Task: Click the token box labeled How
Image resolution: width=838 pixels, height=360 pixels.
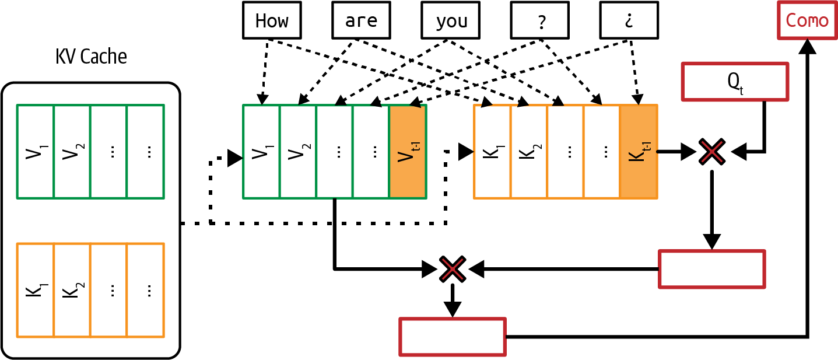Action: coord(272,20)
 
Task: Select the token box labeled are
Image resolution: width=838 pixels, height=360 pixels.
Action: coord(361,20)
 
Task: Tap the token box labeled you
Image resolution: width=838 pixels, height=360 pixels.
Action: coord(451,20)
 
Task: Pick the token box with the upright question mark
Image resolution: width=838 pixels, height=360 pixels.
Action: coord(540,20)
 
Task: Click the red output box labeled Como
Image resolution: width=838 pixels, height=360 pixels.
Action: coord(807,20)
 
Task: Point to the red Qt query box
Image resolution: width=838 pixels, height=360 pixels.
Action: coord(735,81)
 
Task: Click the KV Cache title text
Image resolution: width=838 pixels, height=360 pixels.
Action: coord(91,57)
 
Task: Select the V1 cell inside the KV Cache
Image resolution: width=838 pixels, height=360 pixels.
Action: coord(36,152)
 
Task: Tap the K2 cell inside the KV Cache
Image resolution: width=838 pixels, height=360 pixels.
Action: coord(72,290)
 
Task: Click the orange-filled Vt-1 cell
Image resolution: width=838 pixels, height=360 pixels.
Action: coord(408,152)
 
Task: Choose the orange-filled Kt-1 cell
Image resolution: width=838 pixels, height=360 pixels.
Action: coord(639,152)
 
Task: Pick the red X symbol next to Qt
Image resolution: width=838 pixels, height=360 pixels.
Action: coord(712,152)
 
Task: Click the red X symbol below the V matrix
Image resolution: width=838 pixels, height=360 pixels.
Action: coord(452,269)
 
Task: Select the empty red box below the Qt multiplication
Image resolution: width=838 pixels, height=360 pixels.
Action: coord(711,269)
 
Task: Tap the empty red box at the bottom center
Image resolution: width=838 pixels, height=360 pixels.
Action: coord(452,337)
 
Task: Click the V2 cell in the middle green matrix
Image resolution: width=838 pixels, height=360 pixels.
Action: coord(298,152)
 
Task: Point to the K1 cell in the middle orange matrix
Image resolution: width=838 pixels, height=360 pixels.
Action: coord(492,152)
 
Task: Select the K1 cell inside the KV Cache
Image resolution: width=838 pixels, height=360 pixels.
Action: coord(36,290)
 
